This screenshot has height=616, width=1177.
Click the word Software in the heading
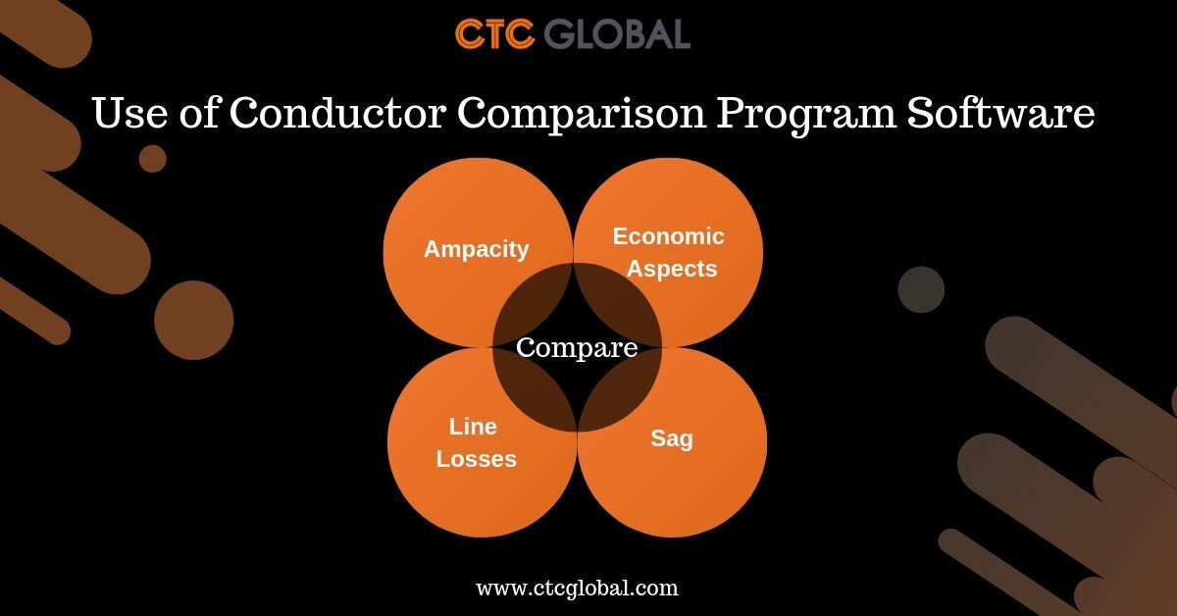[x=1000, y=115]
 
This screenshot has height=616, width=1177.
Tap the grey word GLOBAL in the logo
[x=617, y=33]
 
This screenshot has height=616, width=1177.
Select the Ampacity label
[x=476, y=249]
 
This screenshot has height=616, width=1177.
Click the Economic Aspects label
[x=670, y=252]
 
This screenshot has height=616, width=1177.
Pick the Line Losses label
[x=476, y=442]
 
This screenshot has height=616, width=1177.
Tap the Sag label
[x=671, y=438]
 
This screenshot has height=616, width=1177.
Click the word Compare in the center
[x=577, y=347]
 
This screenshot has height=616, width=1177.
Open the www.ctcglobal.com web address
[x=577, y=589]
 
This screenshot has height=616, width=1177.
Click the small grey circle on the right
[x=921, y=289]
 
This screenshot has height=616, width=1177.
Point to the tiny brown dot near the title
[x=152, y=158]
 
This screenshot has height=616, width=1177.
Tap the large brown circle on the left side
[x=193, y=320]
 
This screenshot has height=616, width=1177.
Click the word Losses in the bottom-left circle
[x=476, y=458]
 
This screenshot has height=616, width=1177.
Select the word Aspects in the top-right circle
[x=672, y=269]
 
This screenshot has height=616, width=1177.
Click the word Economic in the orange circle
[x=668, y=236]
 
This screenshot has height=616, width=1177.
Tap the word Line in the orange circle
[x=473, y=427]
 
